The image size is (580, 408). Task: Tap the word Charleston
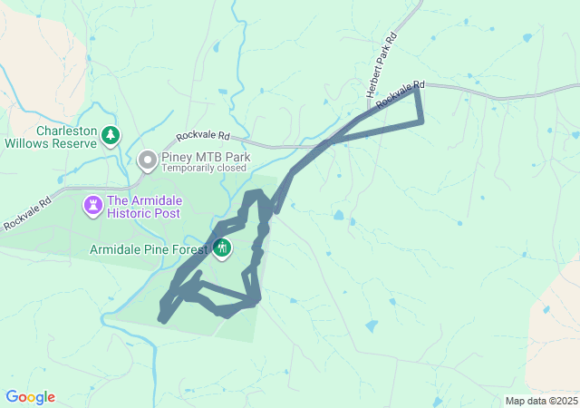coord(66,131)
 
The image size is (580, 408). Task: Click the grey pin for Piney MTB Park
coord(148,161)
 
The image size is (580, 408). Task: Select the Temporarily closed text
coord(204,168)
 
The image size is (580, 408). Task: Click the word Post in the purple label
coord(168,213)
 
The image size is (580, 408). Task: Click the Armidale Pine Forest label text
coord(149,248)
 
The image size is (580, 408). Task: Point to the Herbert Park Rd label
coord(382,67)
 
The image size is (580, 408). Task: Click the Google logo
coord(30,397)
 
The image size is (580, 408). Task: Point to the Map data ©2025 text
coord(540,401)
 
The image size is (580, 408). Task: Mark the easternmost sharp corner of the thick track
coord(422,121)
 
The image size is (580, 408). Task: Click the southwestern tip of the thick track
coord(162,320)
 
